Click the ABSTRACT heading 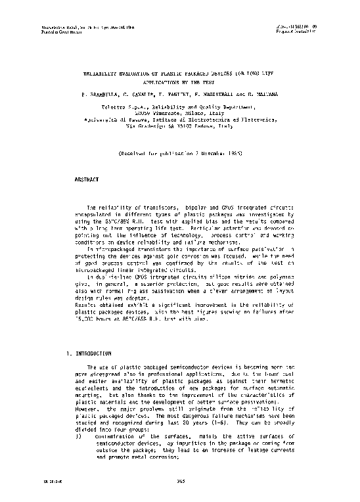[87, 178]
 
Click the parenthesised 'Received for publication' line [180, 152]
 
